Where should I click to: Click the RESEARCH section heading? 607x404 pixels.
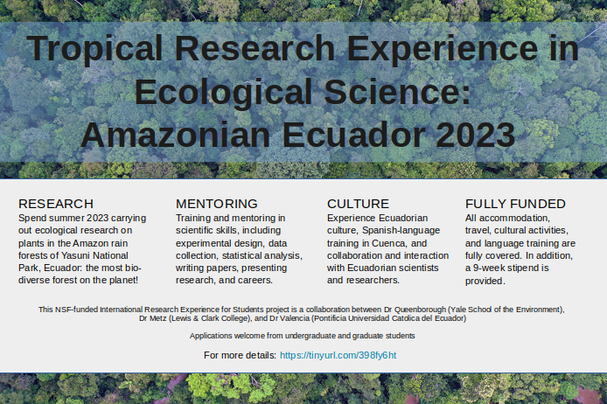[x=56, y=204]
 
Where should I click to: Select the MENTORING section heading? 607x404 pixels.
[x=216, y=204]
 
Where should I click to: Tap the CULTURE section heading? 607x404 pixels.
[x=358, y=204]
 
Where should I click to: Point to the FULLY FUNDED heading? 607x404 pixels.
[x=515, y=204]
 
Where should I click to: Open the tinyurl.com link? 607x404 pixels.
[x=338, y=355]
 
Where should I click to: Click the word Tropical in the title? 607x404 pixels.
[x=94, y=49]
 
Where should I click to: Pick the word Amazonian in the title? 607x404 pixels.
[x=175, y=135]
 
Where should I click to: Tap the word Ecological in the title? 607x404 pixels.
[x=223, y=92]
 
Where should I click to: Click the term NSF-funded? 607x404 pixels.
[x=76, y=310]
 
